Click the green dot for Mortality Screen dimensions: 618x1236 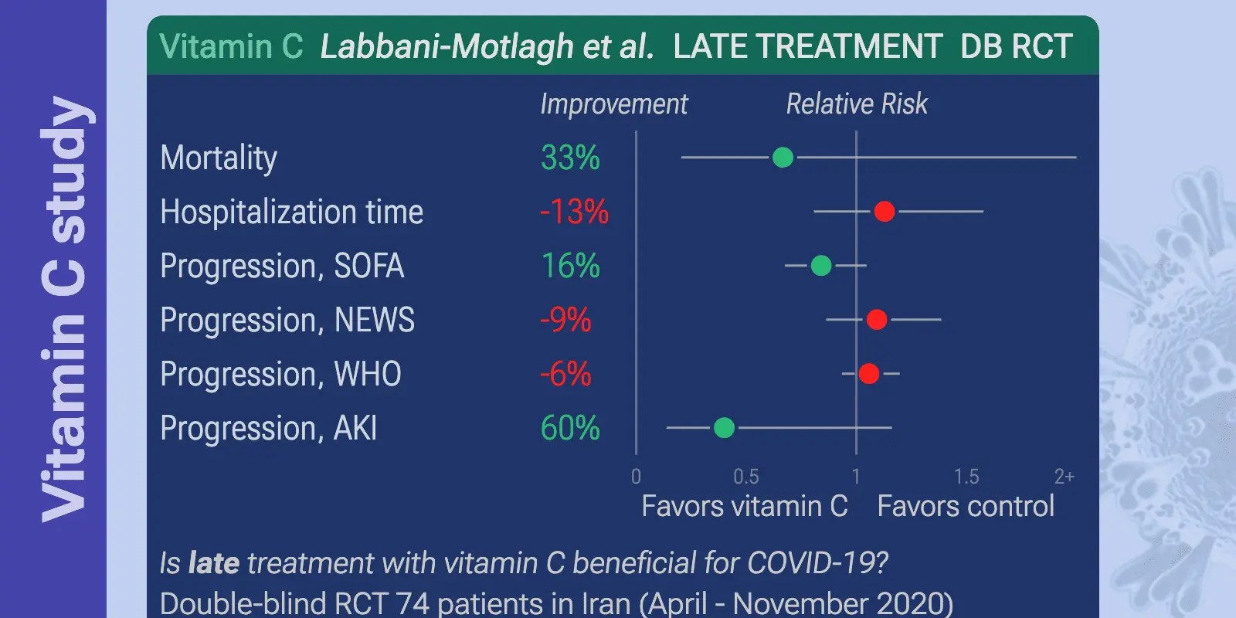[783, 158]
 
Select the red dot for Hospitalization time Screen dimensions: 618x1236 [885, 212]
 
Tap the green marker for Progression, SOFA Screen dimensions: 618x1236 [821, 266]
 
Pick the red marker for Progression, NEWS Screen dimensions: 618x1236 [877, 320]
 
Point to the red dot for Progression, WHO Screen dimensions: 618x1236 [869, 374]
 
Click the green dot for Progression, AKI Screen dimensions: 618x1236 [724, 427]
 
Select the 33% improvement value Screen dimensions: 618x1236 [570, 158]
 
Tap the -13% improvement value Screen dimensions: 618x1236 [574, 212]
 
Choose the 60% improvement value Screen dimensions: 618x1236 [570, 428]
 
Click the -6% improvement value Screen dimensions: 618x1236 [565, 375]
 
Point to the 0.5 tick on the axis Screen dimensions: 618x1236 [745, 477]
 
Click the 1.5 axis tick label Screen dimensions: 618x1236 [966, 477]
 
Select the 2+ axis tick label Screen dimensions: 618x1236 [1064, 477]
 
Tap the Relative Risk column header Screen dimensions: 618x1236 [857, 104]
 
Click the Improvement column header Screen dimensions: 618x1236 [613, 104]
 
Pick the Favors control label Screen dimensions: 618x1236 [966, 507]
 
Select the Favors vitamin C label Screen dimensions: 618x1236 [745, 507]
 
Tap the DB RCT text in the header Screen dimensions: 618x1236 [1016, 47]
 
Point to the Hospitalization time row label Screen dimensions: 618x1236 [291, 212]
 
